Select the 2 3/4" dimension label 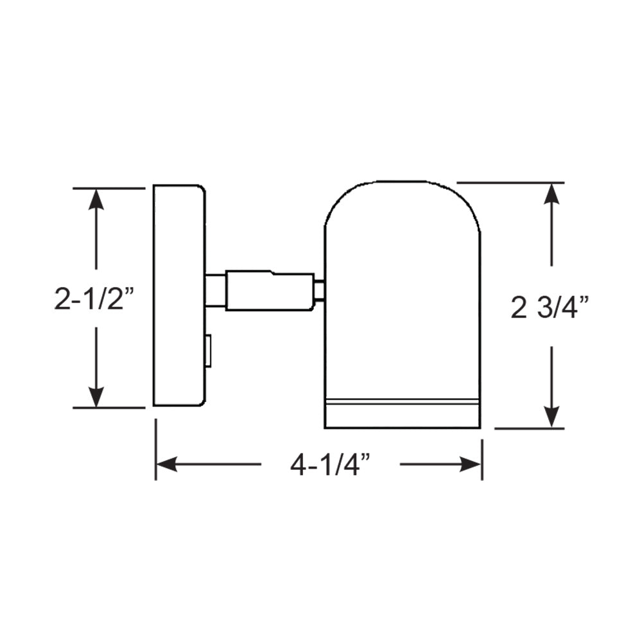[x=550, y=309]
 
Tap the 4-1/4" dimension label [x=331, y=464]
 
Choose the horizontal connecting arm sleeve [x=270, y=291]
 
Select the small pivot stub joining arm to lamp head [x=319, y=291]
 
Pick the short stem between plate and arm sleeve [x=215, y=291]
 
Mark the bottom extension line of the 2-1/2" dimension [x=109, y=408]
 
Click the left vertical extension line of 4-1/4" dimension [x=155, y=449]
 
